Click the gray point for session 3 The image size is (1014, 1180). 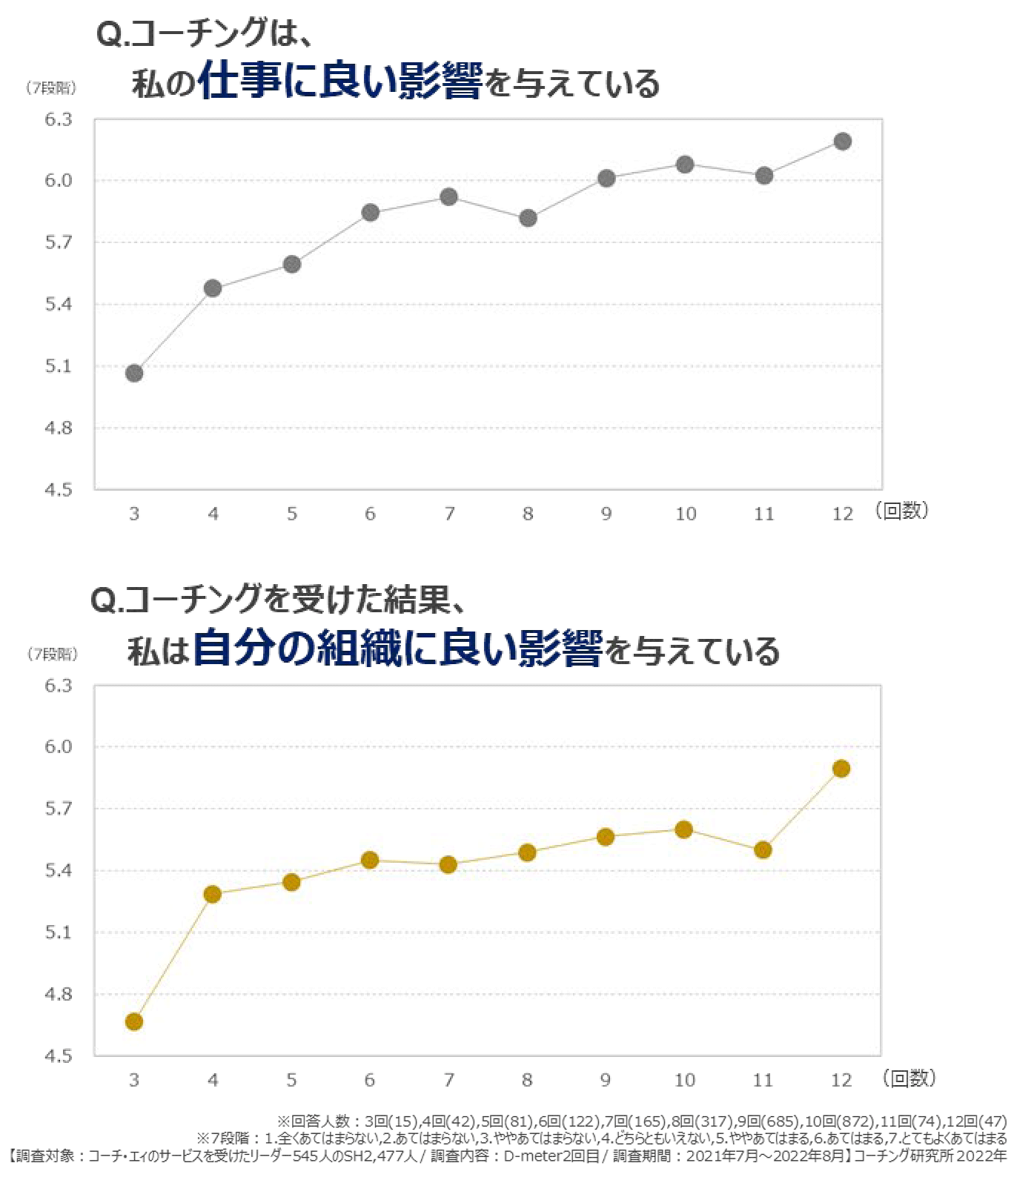(x=134, y=373)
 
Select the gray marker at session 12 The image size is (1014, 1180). (x=842, y=141)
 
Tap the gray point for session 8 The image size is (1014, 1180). (x=528, y=218)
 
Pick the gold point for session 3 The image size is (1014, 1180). (x=134, y=1021)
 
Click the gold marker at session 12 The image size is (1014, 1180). (x=841, y=769)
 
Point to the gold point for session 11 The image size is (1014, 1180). (x=763, y=849)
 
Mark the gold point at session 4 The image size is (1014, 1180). (x=213, y=894)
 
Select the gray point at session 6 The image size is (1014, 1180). (x=371, y=213)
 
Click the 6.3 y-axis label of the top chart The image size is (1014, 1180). (x=59, y=119)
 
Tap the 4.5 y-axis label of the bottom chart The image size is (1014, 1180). (x=59, y=1055)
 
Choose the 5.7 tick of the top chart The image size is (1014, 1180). (x=59, y=242)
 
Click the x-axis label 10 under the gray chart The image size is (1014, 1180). (x=686, y=514)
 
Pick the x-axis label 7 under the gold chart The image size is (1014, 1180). (x=448, y=1080)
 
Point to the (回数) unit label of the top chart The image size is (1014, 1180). (x=901, y=511)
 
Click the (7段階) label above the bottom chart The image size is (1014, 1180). (x=52, y=654)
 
